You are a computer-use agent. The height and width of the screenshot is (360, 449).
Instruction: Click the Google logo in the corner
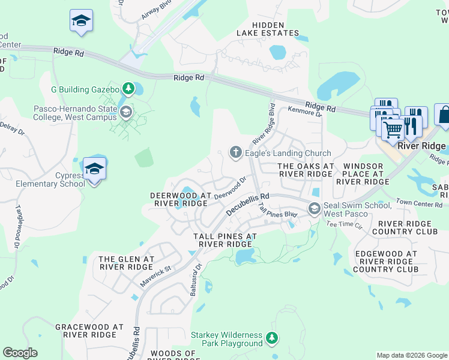[20, 353]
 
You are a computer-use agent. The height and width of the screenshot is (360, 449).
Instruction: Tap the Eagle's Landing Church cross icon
[236, 153]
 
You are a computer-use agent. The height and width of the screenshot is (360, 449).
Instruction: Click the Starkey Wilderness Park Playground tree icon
[272, 339]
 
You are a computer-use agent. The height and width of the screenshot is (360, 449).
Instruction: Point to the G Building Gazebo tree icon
[128, 89]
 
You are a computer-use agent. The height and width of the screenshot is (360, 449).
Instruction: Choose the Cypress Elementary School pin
[94, 170]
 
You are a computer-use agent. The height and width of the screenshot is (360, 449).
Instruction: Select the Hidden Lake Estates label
[267, 28]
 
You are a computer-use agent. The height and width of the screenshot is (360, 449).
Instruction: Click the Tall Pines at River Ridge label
[225, 240]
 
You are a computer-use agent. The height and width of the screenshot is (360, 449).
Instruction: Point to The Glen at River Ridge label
[127, 263]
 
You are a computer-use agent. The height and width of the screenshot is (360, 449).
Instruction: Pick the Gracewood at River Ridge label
[89, 331]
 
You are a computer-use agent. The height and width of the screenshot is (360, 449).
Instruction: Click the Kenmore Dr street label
[305, 110]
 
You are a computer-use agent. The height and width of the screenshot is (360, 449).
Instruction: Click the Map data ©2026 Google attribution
[411, 355]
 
